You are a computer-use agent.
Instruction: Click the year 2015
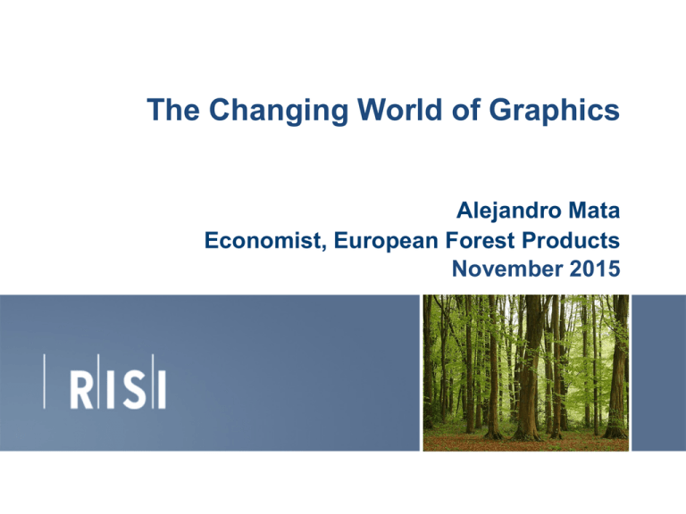tap(590, 265)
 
